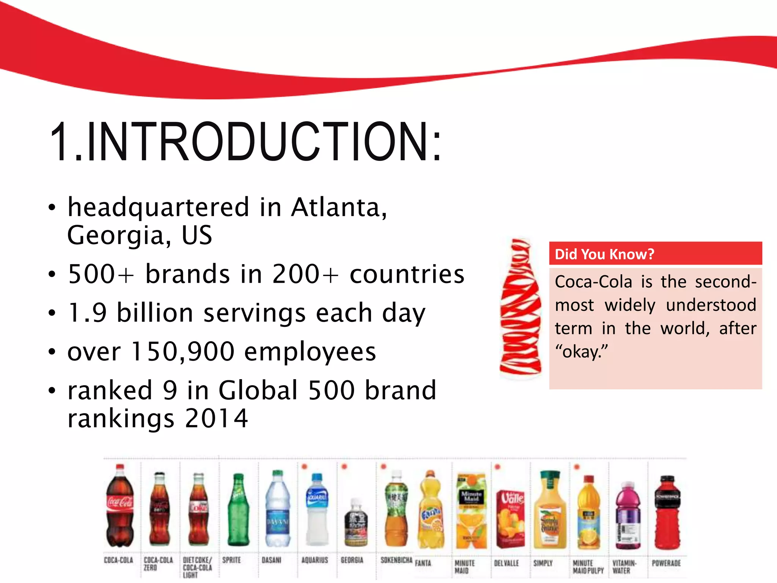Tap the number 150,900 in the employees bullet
tap(182, 351)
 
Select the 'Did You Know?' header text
tap(604, 254)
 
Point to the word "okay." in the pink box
tap(581, 352)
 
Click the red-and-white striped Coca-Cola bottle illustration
tap(520, 308)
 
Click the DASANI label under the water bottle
tap(271, 560)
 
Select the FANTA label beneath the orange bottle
tap(423, 563)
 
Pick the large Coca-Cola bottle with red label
tap(120, 507)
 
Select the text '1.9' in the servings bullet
tap(87, 313)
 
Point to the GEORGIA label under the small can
tap(352, 560)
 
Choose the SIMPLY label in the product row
tap(543, 563)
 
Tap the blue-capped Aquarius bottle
tap(317, 509)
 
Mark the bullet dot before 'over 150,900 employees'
tap(52, 352)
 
